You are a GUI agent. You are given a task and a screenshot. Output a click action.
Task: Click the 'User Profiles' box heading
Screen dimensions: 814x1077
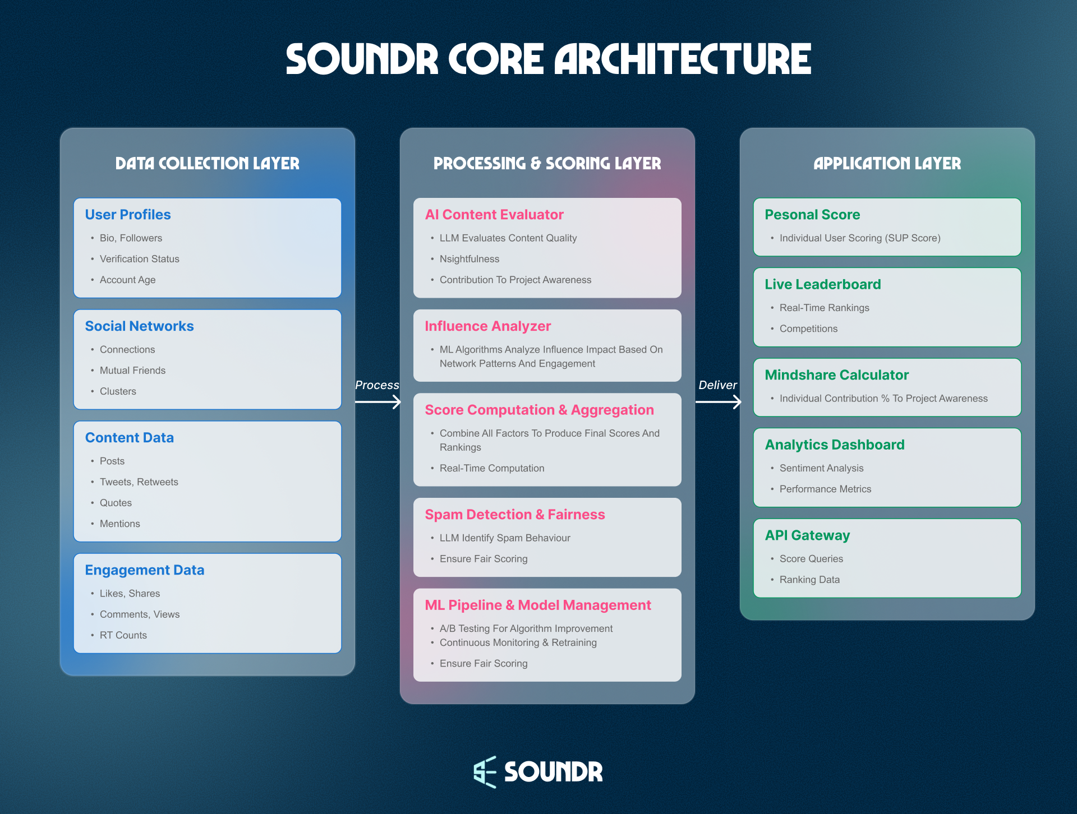(x=128, y=215)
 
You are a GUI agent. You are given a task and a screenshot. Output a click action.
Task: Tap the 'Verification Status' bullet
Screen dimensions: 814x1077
(x=139, y=259)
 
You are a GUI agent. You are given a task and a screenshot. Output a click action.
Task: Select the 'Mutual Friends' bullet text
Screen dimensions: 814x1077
(x=132, y=371)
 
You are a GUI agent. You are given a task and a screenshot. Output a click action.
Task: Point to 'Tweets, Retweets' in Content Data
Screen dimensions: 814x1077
(x=139, y=482)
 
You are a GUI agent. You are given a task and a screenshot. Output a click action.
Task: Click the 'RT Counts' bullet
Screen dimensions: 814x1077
(x=123, y=635)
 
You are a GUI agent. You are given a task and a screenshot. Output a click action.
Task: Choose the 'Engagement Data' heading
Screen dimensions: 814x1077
(x=144, y=570)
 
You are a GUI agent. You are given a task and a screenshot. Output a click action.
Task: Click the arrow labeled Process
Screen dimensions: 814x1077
(x=378, y=401)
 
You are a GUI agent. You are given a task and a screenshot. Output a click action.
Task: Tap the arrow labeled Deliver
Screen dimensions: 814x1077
(x=718, y=401)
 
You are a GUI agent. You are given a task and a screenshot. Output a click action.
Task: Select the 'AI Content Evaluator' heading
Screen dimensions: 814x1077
(x=494, y=215)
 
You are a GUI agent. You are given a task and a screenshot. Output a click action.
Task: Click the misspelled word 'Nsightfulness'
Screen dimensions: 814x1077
(x=469, y=259)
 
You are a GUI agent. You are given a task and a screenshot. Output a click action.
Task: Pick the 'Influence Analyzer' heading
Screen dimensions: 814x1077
(x=487, y=326)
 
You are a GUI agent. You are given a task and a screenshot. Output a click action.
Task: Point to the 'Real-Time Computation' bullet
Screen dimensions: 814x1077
(x=491, y=468)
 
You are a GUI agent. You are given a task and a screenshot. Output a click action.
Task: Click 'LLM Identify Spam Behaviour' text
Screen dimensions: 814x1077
(x=504, y=538)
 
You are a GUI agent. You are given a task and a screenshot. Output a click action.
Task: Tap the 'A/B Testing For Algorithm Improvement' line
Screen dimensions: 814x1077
(x=526, y=628)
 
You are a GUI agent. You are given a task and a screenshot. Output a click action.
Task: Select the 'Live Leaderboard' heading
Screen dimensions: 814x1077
(x=822, y=284)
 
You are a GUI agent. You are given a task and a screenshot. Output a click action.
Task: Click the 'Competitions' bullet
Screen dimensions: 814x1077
(x=808, y=329)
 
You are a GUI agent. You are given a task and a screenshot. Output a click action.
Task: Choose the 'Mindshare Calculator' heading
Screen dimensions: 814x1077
(x=836, y=375)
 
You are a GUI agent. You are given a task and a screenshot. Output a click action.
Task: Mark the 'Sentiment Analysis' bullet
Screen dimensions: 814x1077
(x=821, y=468)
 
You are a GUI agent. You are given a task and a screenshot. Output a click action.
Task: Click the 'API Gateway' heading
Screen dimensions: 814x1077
(x=807, y=535)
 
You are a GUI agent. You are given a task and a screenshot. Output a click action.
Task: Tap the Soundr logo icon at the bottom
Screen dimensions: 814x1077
(x=485, y=772)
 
